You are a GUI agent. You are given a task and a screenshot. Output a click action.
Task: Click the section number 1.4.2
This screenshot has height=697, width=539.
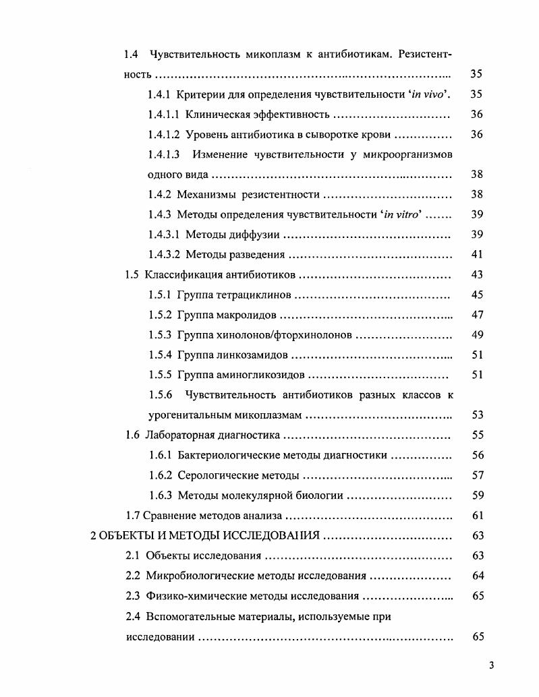point(160,195)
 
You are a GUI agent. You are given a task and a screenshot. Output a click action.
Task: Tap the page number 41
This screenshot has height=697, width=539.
point(477,255)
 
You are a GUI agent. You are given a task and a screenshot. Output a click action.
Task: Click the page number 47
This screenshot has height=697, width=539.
point(477,315)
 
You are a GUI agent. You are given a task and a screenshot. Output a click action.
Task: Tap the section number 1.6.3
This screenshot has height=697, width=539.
point(160,495)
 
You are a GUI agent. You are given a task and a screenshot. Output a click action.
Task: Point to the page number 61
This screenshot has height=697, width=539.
point(478,516)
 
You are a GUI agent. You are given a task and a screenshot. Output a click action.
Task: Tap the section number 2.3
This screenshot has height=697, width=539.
point(133,596)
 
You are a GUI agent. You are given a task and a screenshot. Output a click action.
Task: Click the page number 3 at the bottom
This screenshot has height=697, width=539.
point(492,666)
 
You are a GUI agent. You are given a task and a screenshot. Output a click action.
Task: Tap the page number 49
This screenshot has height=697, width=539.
point(477,335)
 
